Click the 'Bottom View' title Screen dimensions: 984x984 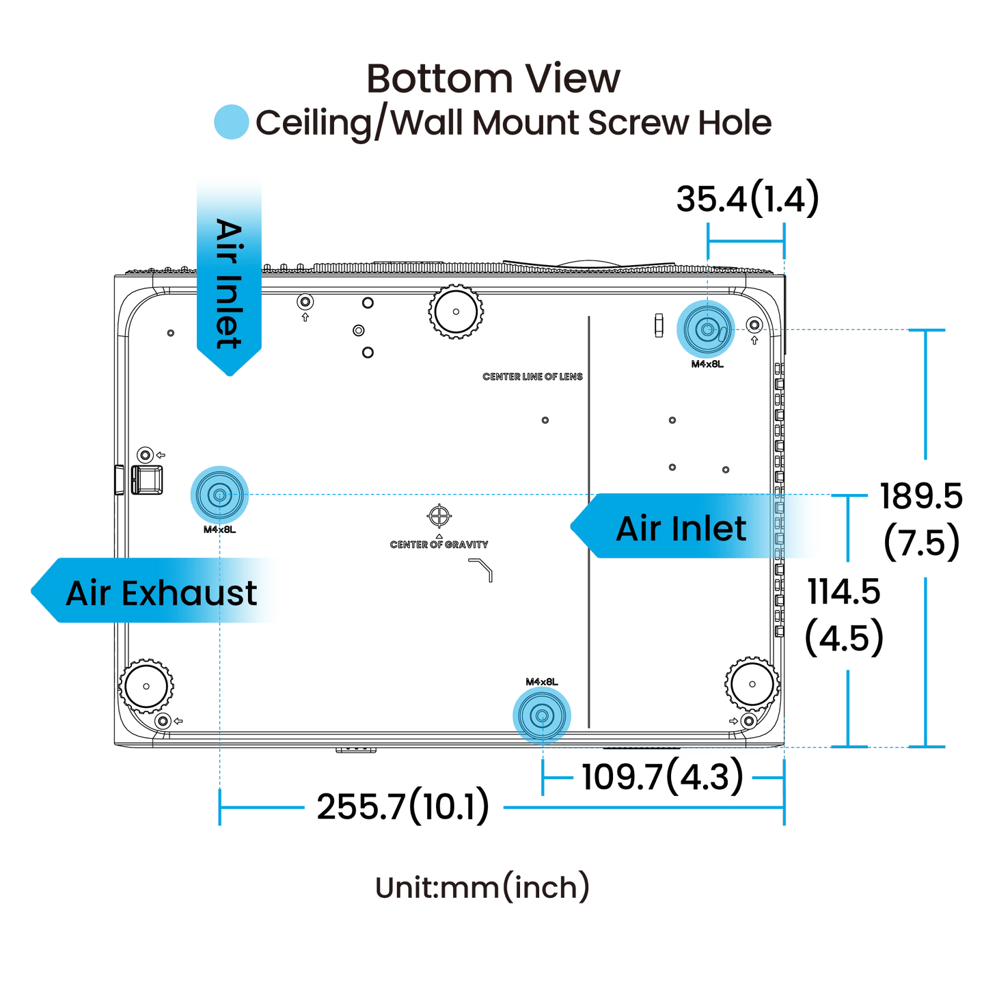coord(493,79)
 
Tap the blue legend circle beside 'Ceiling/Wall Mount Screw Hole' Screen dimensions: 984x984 coord(230,122)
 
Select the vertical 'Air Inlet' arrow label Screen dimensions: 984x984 coord(229,280)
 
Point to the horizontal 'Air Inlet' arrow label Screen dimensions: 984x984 coord(681,528)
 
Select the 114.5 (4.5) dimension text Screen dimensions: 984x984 coord(845,614)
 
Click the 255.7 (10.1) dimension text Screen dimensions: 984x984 coord(403,806)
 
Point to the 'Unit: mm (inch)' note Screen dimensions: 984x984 coord(482,887)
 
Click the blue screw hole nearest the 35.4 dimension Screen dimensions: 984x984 coord(707,329)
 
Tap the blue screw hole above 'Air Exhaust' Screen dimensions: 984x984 coord(219,495)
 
